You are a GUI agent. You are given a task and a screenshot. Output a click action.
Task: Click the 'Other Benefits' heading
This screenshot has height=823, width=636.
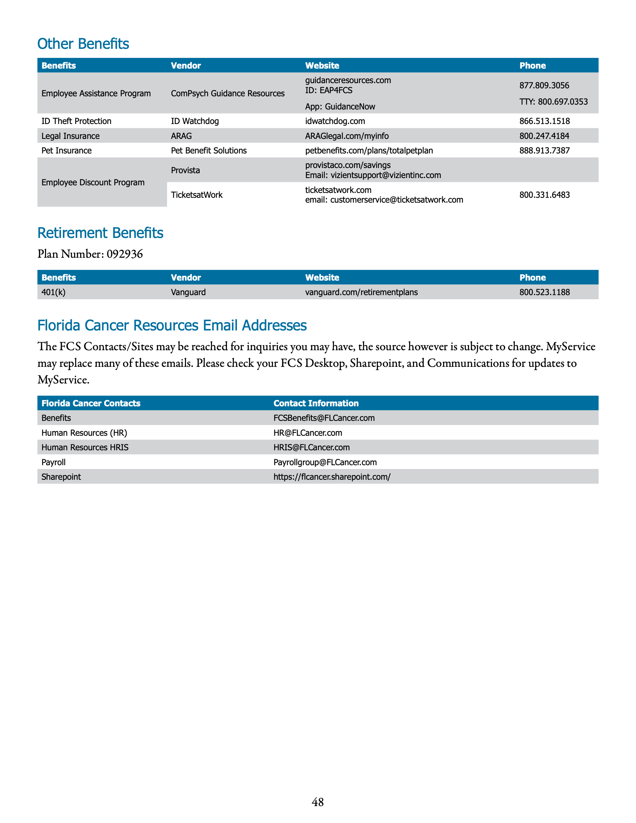(x=83, y=44)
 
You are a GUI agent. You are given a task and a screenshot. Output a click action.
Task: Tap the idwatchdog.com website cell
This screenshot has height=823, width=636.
(x=335, y=121)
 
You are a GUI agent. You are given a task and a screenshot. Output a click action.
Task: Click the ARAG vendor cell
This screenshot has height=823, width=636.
(x=181, y=136)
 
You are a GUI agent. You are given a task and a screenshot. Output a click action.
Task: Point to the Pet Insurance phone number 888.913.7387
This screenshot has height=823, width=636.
(x=545, y=150)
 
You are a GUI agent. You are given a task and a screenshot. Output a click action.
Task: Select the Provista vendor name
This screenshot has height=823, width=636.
(x=185, y=170)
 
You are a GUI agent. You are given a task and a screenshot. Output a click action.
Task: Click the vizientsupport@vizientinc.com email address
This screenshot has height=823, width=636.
(x=386, y=175)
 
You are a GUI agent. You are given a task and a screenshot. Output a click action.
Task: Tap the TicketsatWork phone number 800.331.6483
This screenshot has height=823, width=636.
(x=545, y=195)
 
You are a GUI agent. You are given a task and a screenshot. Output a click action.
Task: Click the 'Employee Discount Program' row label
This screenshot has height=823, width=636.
(x=93, y=183)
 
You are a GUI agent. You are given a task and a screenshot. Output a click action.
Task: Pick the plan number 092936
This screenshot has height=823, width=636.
(x=125, y=254)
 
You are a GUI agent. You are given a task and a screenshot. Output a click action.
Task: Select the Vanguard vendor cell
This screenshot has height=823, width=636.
(x=188, y=292)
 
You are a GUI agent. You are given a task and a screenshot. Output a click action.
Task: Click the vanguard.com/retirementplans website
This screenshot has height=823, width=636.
(x=361, y=292)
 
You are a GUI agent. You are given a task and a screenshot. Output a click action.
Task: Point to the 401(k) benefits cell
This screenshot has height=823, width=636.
(x=53, y=292)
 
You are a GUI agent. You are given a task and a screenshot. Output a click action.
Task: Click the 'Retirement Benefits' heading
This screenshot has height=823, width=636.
(x=100, y=233)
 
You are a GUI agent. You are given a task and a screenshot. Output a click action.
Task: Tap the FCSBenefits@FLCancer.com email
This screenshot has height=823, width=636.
(x=324, y=418)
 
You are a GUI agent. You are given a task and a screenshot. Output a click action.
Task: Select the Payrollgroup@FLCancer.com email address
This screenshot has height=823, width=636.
(x=325, y=462)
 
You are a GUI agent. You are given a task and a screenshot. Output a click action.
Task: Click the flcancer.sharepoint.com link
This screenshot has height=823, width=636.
(x=332, y=477)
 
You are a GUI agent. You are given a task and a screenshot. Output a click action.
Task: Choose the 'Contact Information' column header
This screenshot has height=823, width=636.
(x=316, y=403)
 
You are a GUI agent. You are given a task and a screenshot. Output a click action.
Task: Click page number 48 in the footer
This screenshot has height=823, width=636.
(x=318, y=802)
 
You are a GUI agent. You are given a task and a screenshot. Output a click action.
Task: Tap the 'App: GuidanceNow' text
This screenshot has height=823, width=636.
(x=340, y=107)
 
